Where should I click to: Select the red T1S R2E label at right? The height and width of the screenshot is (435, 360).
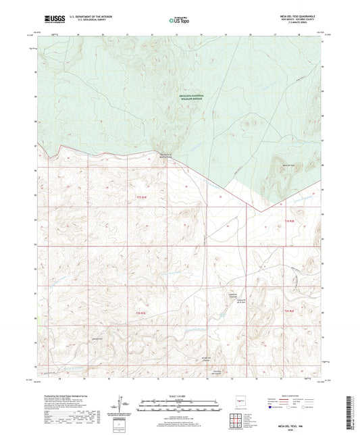[x=290, y=221]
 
